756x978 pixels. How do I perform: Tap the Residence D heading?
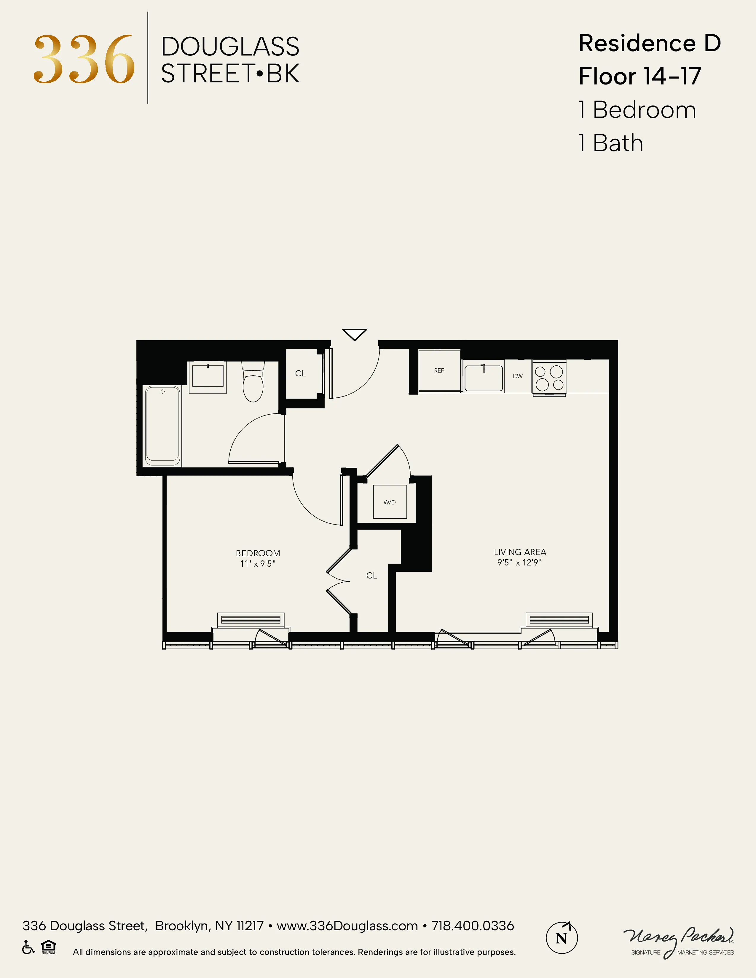(649, 44)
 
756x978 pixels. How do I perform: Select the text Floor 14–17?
(639, 76)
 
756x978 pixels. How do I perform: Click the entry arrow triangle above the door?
(355, 334)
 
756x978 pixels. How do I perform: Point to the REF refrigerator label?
(439, 370)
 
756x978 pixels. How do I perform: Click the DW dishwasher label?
(518, 376)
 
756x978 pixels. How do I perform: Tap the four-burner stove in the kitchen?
(549, 378)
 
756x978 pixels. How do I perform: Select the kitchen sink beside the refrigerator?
(483, 378)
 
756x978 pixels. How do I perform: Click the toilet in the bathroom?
(253, 382)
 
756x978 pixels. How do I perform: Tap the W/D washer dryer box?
(390, 502)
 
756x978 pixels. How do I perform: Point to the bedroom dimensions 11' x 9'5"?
(258, 564)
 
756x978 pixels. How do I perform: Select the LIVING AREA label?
(520, 552)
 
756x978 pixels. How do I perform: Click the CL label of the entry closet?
(301, 373)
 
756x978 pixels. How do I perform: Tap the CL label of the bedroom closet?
(372, 576)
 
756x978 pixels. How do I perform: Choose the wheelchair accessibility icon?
(28, 947)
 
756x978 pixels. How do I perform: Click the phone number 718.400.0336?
(473, 926)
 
